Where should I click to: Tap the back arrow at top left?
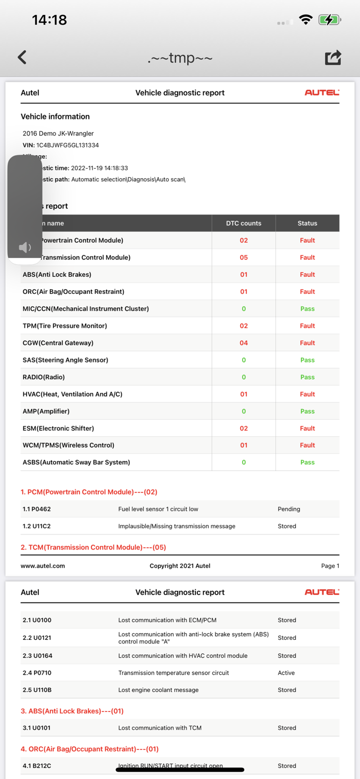pos(22,57)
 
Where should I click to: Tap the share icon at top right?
pos(333,57)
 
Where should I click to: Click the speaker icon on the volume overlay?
pos(24,247)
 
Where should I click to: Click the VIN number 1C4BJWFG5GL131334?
pos(68,145)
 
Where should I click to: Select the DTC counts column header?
pos(244,223)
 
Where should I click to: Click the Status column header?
pos(307,223)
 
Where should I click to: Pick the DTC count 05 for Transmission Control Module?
pos(244,258)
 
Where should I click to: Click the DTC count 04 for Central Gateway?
pos(244,343)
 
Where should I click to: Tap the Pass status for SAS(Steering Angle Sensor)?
pos(307,360)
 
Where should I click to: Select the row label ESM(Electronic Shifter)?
pos(58,428)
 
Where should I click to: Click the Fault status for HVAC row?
pos(307,394)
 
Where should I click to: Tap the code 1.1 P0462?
pos(37,509)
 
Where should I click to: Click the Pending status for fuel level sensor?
pos(289,509)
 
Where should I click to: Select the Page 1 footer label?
pos(330,566)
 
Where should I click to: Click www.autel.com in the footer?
pos(43,566)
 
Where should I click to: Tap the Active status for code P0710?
pos(286,673)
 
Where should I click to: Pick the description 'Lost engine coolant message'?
pos(158,690)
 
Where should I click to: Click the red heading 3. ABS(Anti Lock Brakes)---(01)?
pos(73,711)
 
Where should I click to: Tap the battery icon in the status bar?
pos(329,20)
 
